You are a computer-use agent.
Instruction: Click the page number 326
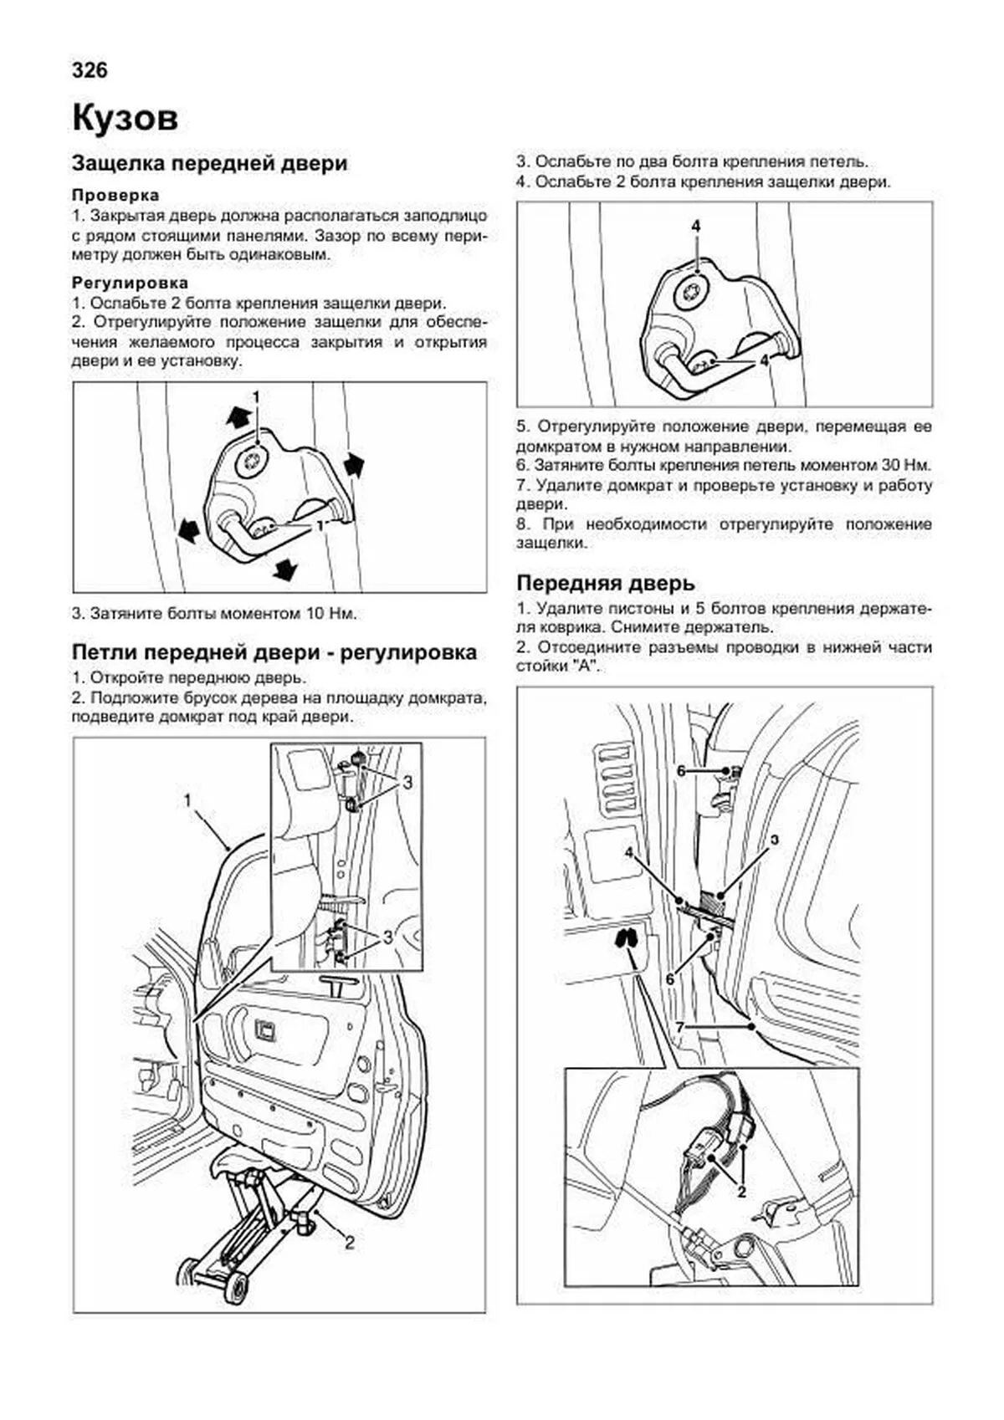[90, 70]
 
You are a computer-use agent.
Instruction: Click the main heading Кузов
[125, 118]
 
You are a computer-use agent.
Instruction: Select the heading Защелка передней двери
[209, 163]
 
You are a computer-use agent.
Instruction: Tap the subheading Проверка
[115, 195]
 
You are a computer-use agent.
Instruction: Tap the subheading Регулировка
[130, 283]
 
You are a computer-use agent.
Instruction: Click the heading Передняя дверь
[605, 582]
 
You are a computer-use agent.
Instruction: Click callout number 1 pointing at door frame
[188, 801]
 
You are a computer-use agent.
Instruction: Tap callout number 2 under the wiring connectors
[741, 1193]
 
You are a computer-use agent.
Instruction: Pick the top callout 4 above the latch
[696, 226]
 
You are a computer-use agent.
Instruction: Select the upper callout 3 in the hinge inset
[407, 783]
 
